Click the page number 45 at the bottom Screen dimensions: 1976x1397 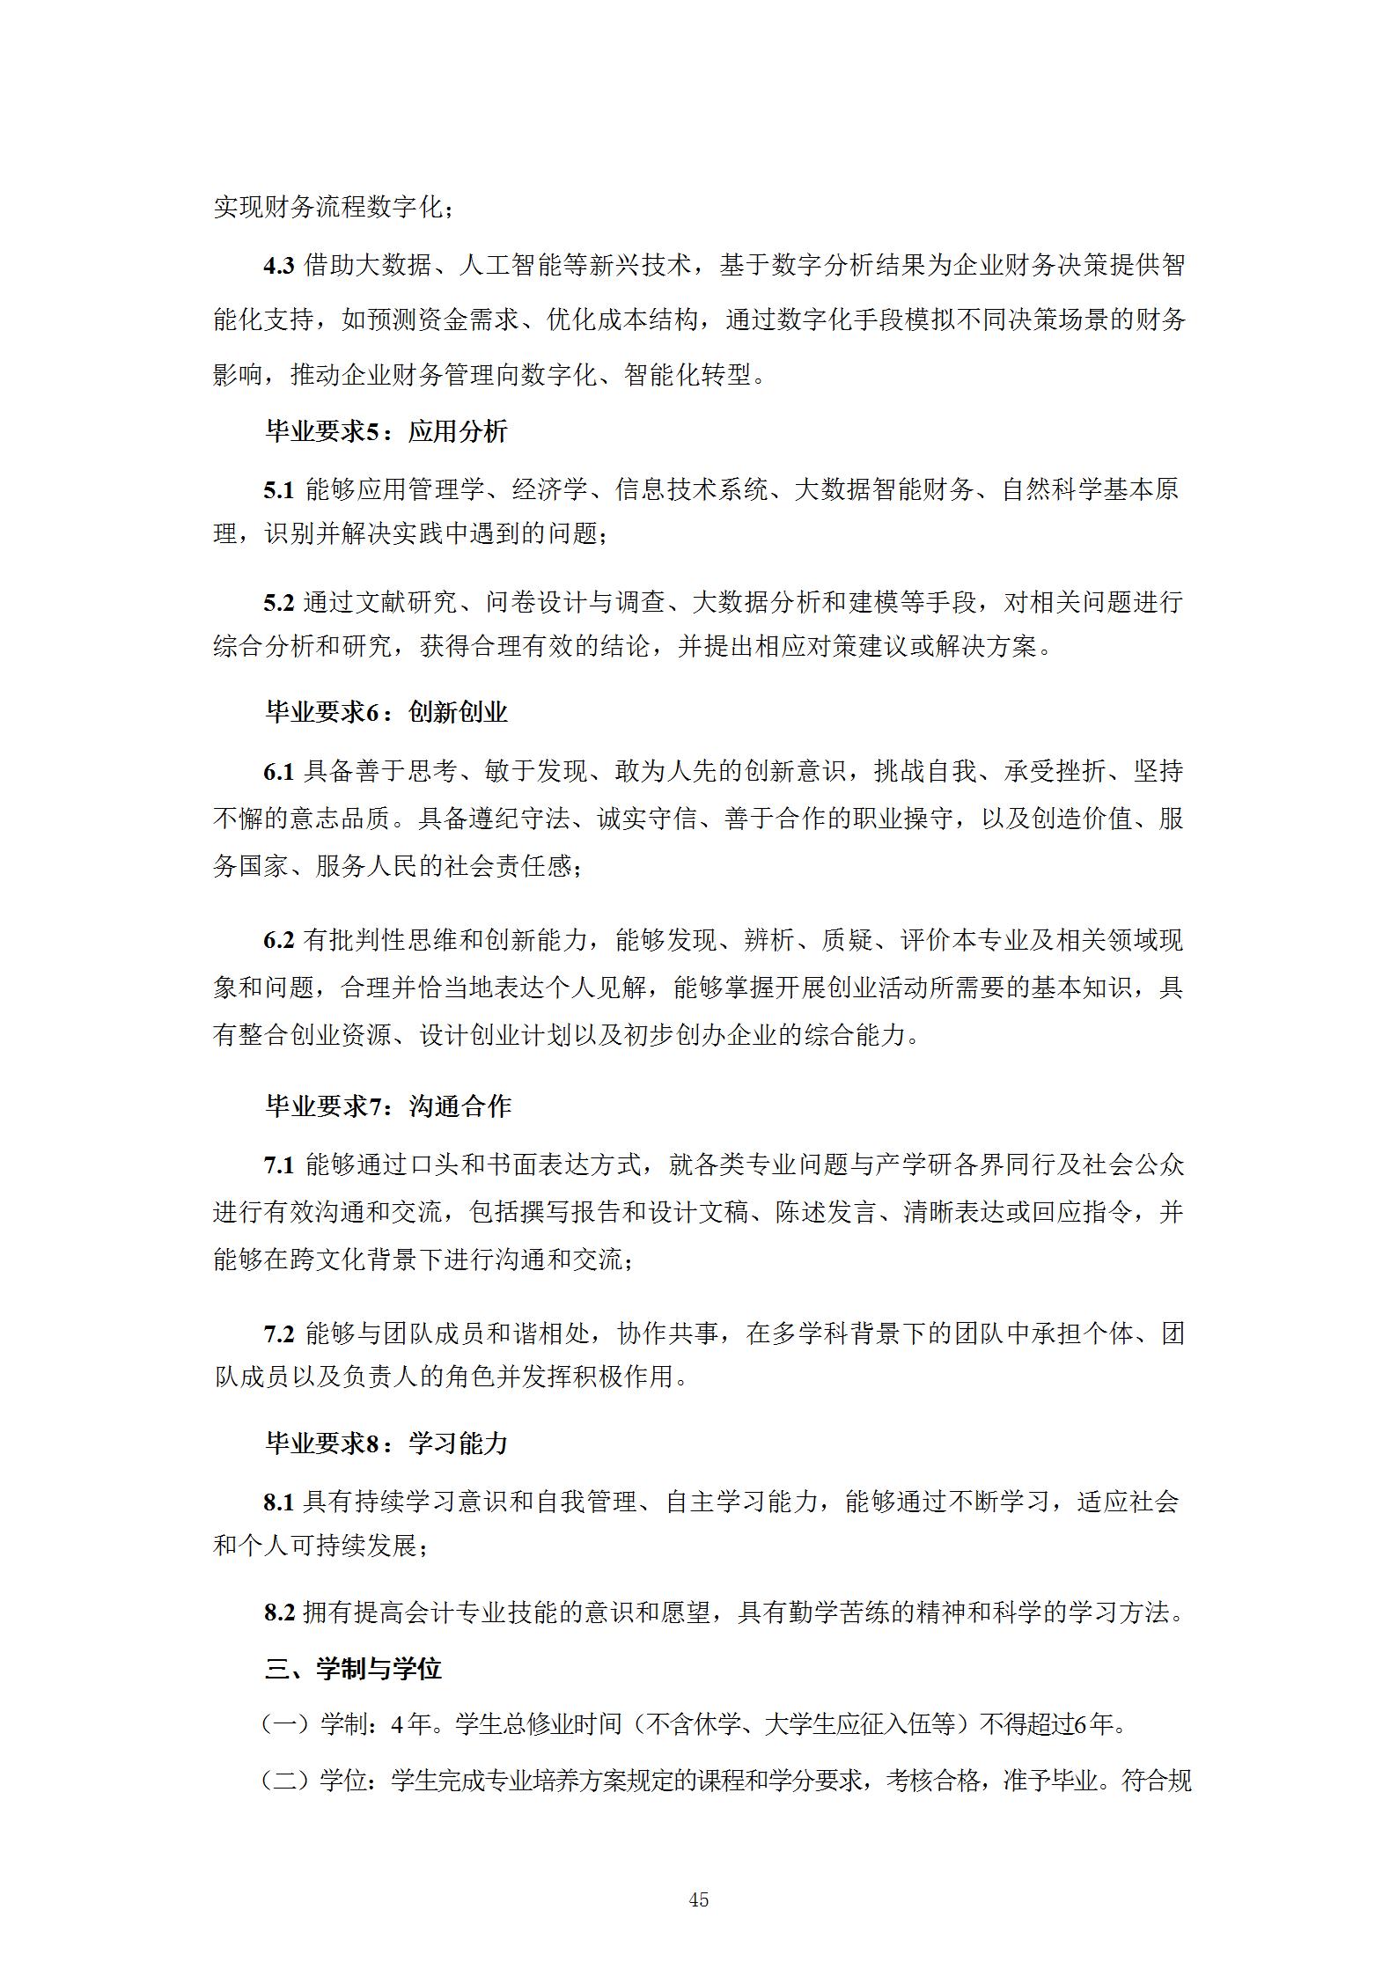[x=698, y=1900]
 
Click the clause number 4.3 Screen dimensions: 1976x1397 [x=278, y=266]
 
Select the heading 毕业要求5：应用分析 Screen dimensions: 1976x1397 [x=386, y=431]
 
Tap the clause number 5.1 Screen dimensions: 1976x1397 [x=278, y=490]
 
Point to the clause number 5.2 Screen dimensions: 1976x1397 [x=278, y=603]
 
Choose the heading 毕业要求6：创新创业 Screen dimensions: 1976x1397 [x=386, y=712]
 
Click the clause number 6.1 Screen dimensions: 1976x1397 [x=278, y=772]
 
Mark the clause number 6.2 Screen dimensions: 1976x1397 [x=278, y=941]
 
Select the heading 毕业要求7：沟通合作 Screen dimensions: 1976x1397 [x=388, y=1106]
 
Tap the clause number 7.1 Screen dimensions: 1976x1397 [x=278, y=1166]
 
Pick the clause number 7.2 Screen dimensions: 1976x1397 [x=278, y=1334]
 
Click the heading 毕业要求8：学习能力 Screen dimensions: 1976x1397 [x=386, y=1443]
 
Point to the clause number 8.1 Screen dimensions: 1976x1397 [x=278, y=1502]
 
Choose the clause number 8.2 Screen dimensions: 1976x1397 [x=278, y=1612]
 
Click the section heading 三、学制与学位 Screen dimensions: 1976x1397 [x=353, y=1669]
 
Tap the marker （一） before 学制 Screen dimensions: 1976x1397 [x=289, y=1724]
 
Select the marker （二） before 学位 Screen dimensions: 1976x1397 [x=289, y=1781]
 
